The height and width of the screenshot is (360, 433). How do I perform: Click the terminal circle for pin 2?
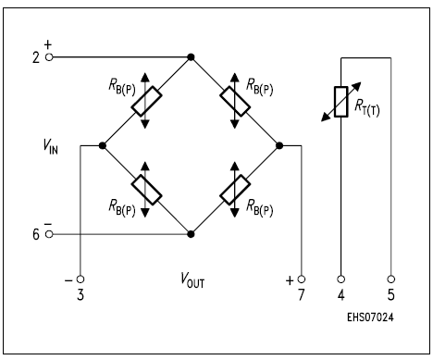click(x=48, y=56)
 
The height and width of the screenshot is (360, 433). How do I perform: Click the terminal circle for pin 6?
click(x=48, y=234)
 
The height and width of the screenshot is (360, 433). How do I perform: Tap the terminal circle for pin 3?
click(x=80, y=278)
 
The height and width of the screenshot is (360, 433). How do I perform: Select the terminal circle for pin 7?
click(x=303, y=278)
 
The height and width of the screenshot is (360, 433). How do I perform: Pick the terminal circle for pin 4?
click(x=340, y=278)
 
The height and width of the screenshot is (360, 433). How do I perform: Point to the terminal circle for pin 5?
click(x=390, y=278)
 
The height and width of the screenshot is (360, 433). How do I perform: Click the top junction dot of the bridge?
click(x=191, y=56)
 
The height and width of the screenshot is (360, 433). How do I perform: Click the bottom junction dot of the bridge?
click(x=191, y=234)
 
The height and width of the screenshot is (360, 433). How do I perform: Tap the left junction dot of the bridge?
click(x=102, y=145)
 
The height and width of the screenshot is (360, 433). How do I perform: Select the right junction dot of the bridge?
click(x=279, y=145)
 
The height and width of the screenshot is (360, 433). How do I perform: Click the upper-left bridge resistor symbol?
click(x=146, y=101)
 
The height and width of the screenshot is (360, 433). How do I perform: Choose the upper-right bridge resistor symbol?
click(x=235, y=101)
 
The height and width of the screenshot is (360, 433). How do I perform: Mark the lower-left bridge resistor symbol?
click(x=146, y=190)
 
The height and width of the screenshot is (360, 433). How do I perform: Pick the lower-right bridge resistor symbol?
click(x=235, y=190)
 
